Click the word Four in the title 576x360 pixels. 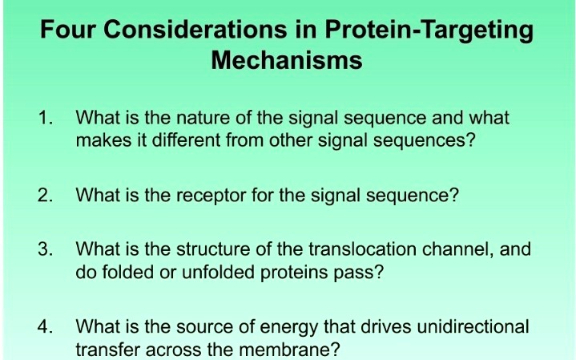point(70,30)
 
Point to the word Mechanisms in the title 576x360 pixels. point(287,60)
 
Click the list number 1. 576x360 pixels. point(44,119)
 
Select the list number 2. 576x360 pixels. point(44,195)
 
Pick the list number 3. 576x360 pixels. point(44,249)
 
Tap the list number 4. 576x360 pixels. point(44,326)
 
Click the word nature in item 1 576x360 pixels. point(207,119)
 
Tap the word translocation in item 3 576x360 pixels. point(361,249)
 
